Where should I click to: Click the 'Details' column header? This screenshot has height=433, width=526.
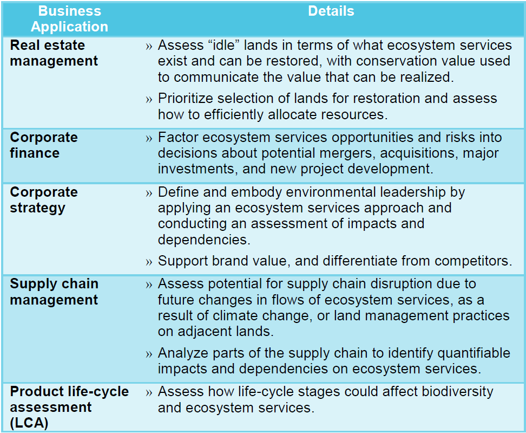click(331, 11)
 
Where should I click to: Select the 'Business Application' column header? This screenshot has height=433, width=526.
click(69, 19)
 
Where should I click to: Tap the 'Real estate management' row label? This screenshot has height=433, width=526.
click(54, 53)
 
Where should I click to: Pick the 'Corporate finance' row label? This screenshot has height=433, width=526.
click(44, 145)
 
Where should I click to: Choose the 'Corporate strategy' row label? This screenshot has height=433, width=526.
click(44, 200)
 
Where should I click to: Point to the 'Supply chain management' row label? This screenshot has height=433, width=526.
click(54, 292)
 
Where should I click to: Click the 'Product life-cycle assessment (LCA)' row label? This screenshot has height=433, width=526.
click(69, 407)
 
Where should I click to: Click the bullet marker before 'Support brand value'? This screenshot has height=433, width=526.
click(149, 262)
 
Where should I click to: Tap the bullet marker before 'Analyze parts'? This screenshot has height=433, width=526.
click(149, 354)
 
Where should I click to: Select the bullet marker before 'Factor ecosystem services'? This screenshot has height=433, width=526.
click(149, 138)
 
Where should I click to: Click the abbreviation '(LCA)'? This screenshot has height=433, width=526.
click(29, 423)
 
